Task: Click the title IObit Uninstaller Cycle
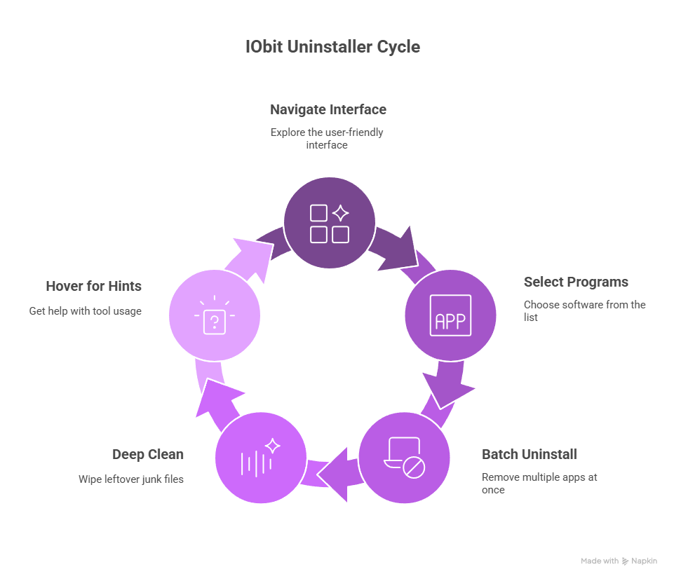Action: click(333, 47)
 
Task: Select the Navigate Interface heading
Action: click(328, 109)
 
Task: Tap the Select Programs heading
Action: click(575, 282)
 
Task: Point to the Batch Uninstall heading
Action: click(529, 454)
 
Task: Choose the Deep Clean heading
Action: click(148, 454)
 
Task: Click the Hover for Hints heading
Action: click(93, 286)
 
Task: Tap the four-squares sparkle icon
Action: click(329, 223)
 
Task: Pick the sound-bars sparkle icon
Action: click(260, 458)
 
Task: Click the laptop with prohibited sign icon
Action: click(405, 458)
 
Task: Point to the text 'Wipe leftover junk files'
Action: click(130, 479)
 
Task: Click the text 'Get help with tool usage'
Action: click(85, 310)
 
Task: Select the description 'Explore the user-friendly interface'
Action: click(327, 138)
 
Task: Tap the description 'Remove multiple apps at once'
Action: click(539, 483)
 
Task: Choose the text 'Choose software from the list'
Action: click(584, 310)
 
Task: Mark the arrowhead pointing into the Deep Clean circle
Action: click(335, 472)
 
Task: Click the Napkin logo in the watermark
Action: click(625, 561)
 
